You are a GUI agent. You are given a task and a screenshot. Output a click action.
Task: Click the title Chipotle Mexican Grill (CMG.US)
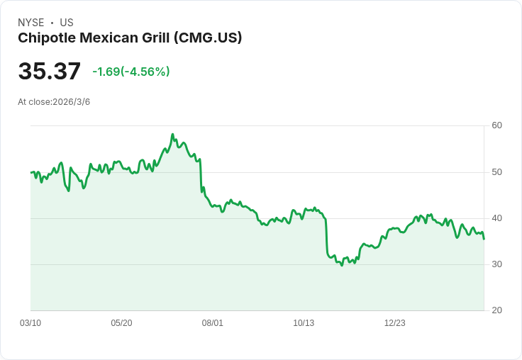point(130,38)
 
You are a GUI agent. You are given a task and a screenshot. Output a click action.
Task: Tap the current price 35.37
point(49,72)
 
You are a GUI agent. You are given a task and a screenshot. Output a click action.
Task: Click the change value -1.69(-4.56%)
point(131,72)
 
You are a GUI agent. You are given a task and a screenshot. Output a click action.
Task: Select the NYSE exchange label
point(30,23)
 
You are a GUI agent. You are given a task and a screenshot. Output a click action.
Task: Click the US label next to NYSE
point(67,23)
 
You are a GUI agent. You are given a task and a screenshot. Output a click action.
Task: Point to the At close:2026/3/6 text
point(54,102)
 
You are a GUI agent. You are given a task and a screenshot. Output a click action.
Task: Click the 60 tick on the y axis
point(496,125)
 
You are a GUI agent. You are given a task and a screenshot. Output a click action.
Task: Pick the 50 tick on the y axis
point(496,172)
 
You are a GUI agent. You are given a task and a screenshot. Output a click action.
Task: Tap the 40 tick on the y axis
point(496,218)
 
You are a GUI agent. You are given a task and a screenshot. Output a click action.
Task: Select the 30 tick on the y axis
point(496,264)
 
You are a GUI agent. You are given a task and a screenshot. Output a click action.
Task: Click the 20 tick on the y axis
point(496,310)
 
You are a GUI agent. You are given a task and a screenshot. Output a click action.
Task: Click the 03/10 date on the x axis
point(30,323)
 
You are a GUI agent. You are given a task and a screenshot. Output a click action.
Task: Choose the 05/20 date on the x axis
point(121,323)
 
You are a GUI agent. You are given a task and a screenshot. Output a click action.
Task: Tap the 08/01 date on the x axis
point(213,323)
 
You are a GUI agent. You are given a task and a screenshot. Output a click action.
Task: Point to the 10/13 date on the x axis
point(304,323)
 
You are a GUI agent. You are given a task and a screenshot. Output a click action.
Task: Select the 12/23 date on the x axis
point(395,323)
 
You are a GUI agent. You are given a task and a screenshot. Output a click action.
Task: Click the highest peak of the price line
point(172,134)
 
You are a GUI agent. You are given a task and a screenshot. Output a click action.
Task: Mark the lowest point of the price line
point(342,265)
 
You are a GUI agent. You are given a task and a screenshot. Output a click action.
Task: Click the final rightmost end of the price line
point(484,239)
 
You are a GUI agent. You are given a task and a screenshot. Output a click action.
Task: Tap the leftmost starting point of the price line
point(31,172)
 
